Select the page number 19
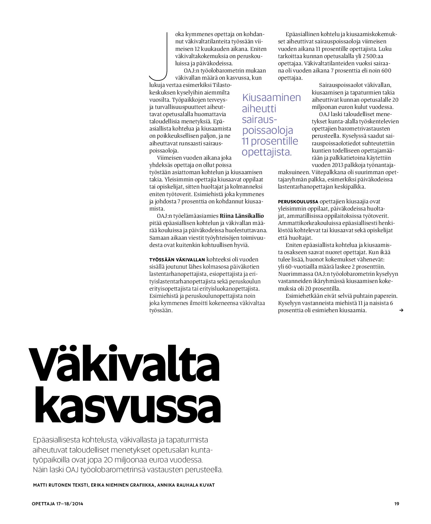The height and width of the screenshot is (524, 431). coord(397,504)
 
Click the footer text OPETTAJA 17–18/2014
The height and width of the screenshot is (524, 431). coord(57,504)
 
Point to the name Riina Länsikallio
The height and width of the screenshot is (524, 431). coord(242,216)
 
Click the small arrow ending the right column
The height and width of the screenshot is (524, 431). coord(401,310)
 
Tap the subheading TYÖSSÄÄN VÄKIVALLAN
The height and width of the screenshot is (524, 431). coord(177,260)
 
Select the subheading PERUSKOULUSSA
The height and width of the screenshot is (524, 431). coord(298,202)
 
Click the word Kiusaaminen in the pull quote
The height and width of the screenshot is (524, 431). coord(271,97)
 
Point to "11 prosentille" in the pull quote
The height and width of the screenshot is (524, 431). coord(270,141)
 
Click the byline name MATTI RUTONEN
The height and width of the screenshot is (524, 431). coord(51,485)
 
